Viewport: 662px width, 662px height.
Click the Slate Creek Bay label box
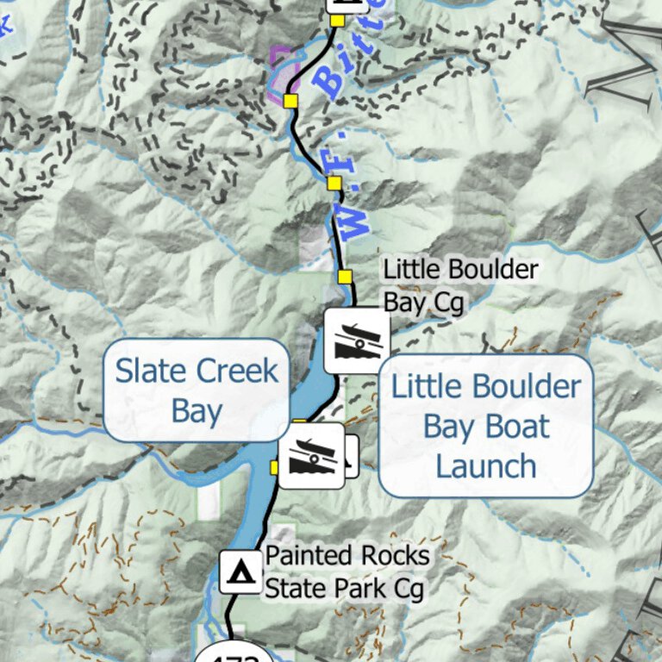click(x=197, y=391)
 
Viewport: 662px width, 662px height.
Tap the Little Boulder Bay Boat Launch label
click(x=486, y=426)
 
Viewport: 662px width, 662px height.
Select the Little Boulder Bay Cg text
click(x=460, y=285)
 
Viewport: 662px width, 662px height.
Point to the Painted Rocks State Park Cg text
click(x=346, y=571)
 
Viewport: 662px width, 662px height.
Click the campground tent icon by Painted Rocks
click(x=240, y=571)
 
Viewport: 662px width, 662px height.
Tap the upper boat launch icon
click(x=356, y=341)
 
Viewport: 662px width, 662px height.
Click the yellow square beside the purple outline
click(x=290, y=101)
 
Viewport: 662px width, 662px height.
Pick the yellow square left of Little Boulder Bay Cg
click(x=345, y=276)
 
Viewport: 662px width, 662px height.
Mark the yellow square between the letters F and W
click(x=334, y=183)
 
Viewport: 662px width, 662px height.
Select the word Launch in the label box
click(x=486, y=466)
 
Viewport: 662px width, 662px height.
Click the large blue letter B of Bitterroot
click(x=328, y=78)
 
